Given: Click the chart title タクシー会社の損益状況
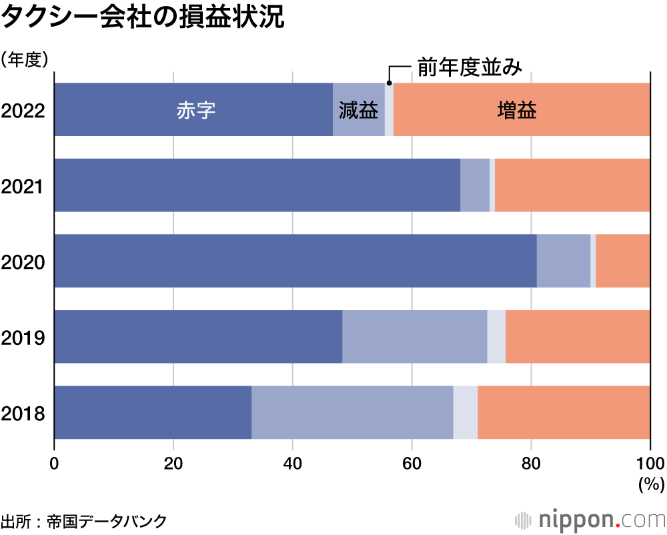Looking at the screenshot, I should [143, 19].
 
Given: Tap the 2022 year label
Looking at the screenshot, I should [23, 111].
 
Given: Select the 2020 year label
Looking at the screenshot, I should [23, 262].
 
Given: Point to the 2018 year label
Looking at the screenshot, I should [23, 414].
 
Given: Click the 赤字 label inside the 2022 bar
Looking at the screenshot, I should [196, 110].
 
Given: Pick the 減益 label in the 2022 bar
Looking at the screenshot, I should [358, 110].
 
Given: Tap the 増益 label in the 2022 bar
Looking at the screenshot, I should [517, 110].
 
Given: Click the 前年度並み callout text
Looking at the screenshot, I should [468, 67].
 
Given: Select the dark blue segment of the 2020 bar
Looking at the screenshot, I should [295, 261].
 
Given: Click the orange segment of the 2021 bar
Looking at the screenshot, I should [572, 185].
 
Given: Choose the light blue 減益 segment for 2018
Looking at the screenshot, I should [352, 413].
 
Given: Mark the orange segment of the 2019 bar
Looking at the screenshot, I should [578, 337].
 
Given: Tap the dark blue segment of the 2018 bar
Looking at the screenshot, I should [153, 413].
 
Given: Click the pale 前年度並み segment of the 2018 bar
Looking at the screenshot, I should [465, 413].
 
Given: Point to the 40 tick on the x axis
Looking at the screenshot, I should [293, 463].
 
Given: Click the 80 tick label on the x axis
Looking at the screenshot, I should [531, 463].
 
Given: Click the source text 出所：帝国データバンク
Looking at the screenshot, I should [83, 520].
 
